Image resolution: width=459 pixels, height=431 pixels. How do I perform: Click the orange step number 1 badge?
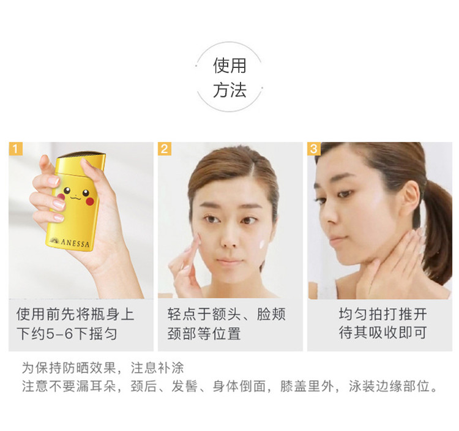pyautogui.click(x=15, y=149)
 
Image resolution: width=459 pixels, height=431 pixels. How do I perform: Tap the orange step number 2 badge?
pyautogui.click(x=165, y=149)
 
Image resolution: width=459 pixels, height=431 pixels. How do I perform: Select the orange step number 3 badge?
pyautogui.click(x=314, y=149)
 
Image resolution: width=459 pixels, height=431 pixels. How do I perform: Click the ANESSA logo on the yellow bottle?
pyautogui.click(x=70, y=242)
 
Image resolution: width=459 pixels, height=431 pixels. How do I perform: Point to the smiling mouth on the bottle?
pyautogui.click(x=75, y=198)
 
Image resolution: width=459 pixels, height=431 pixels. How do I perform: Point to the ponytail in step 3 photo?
pyautogui.click(x=436, y=231)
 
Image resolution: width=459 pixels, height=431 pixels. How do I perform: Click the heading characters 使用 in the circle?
pyautogui.click(x=229, y=66)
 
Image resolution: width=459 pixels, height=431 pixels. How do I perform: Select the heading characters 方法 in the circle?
pyautogui.click(x=229, y=90)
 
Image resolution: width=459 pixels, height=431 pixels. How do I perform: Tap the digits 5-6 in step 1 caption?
pyautogui.click(x=60, y=334)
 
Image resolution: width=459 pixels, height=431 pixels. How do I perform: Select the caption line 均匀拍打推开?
pyautogui.click(x=382, y=314)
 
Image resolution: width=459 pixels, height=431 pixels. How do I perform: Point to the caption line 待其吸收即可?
pyautogui.click(x=382, y=332)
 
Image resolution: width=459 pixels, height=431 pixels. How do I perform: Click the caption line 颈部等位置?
pyautogui.click(x=204, y=334)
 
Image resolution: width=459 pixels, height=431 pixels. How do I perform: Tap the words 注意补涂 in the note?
pyautogui.click(x=157, y=368)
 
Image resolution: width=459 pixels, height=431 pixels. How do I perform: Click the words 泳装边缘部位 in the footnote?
pyautogui.click(x=389, y=386)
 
